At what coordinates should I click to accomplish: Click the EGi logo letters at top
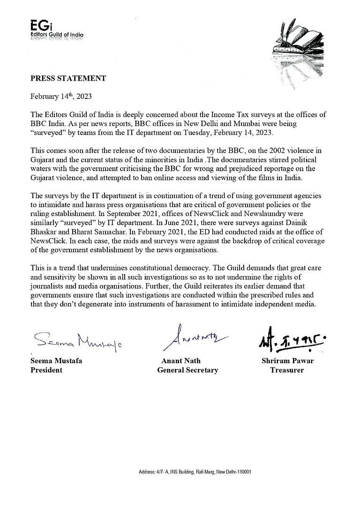38,26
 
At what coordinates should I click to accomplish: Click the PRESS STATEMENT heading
68,78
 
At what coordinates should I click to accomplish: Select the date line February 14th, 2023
60,97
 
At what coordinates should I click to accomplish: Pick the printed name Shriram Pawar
287,361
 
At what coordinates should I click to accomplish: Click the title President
46,370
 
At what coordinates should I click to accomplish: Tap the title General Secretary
187,370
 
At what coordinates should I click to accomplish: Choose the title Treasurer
287,370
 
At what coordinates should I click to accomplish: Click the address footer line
195,471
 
